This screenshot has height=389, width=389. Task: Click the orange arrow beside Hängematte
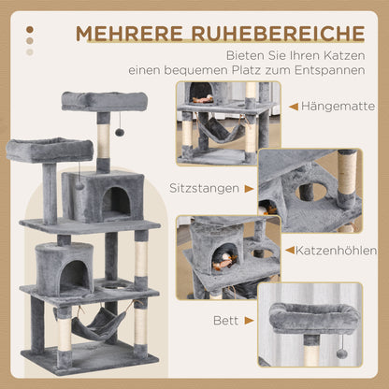coord(294,107)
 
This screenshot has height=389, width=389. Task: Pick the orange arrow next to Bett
coord(247,318)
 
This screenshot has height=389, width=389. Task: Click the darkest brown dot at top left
coord(30,29)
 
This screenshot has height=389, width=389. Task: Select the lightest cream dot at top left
coord(30,51)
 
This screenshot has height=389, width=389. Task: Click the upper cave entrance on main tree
coord(116,200)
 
